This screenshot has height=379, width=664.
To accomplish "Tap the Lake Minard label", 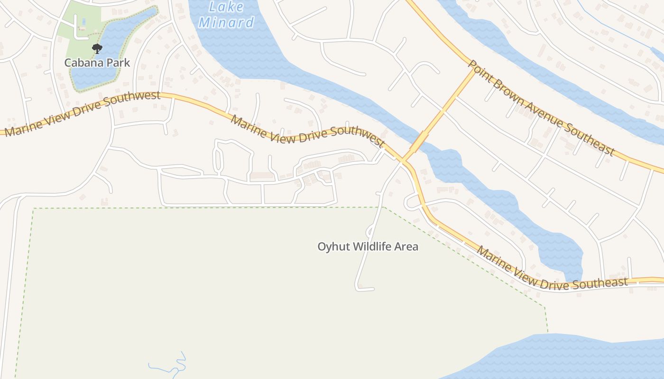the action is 226,15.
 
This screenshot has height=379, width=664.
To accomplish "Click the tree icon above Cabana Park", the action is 97,48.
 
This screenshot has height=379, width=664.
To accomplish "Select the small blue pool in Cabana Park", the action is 84,21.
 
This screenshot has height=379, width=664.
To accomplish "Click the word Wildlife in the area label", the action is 369,246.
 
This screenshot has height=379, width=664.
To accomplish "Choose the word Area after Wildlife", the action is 407,246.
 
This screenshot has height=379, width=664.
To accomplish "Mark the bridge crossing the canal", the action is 419,141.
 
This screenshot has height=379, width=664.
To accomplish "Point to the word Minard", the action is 226,22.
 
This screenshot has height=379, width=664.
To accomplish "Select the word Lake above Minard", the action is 226,7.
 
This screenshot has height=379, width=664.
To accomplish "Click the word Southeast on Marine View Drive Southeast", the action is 599,283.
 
